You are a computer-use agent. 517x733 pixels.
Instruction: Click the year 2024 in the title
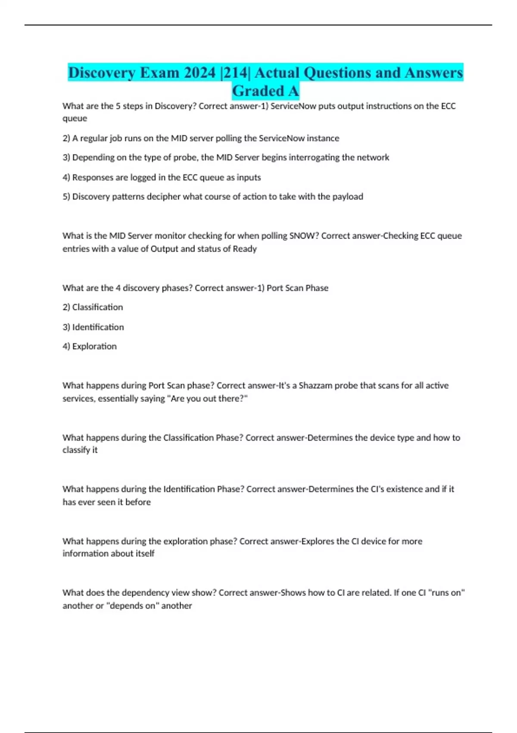[x=199, y=72]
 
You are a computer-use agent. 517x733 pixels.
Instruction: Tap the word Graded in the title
[x=258, y=91]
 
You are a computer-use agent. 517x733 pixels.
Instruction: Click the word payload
[x=348, y=197]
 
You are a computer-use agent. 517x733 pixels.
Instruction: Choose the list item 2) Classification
[x=93, y=307]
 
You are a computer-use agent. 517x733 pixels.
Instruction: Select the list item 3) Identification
[x=93, y=327]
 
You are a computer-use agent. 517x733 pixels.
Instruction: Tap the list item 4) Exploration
[x=90, y=346]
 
